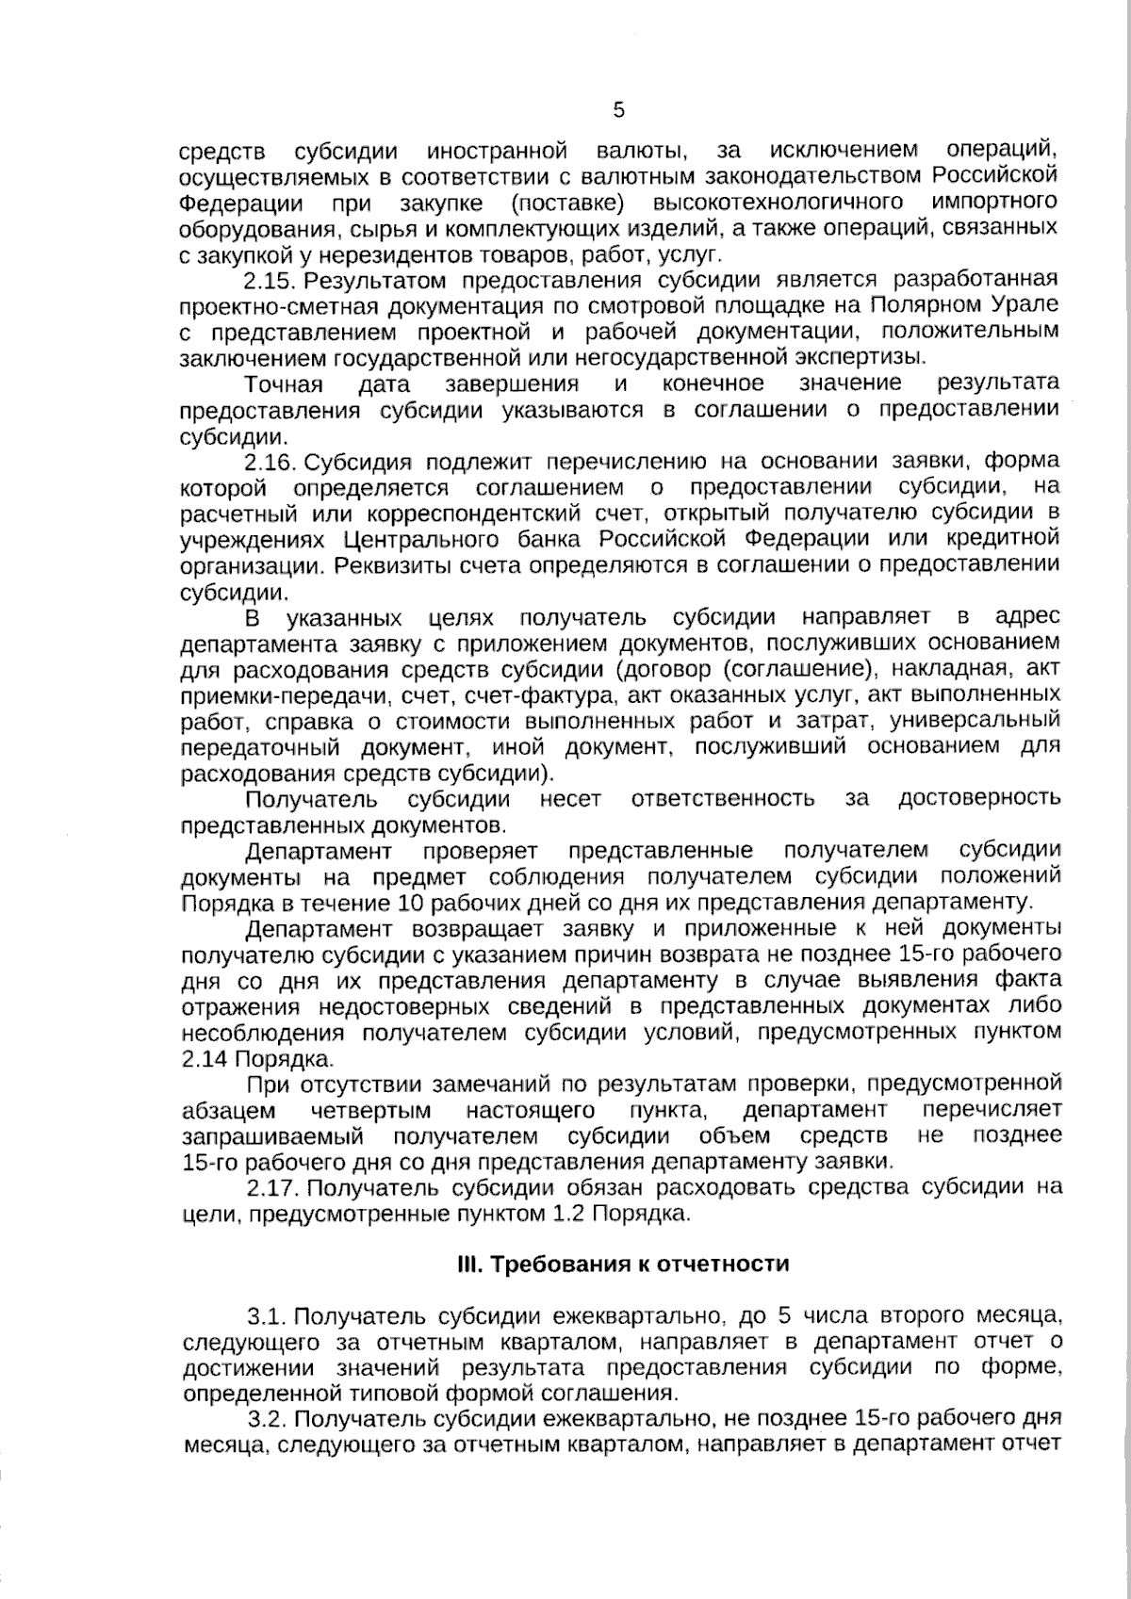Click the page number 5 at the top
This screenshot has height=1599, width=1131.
pos(618,111)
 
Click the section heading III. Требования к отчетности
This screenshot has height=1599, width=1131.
pos(622,1264)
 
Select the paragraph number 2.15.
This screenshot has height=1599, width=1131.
pos(270,281)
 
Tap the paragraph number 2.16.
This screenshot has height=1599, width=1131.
pos(270,462)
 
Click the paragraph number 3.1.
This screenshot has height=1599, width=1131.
pos(270,1315)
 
